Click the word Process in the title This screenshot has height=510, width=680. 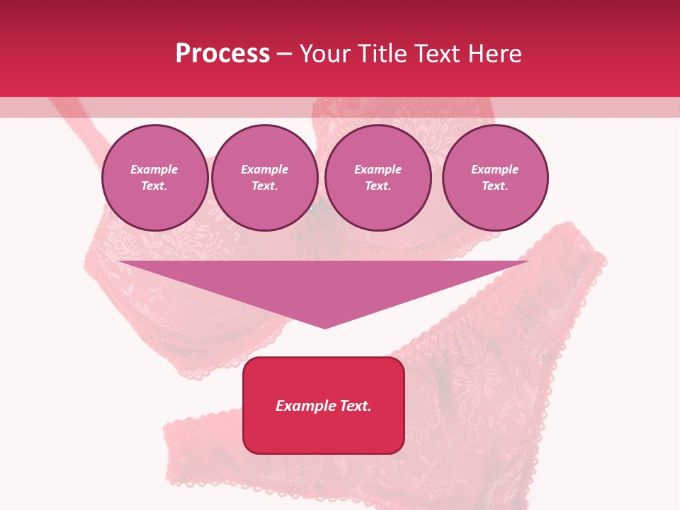coord(222,54)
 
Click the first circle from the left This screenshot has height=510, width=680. coord(155,178)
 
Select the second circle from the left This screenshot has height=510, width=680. coord(265,178)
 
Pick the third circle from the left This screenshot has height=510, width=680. coord(378,178)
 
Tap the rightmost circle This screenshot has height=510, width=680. coord(495,178)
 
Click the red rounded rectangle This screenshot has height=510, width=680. coord(324,405)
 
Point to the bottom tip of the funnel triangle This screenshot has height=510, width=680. coord(324,327)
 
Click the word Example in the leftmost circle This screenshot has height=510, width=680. coord(154,169)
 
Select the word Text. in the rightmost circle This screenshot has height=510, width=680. coord(495,186)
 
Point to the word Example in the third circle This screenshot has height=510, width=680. coord(378,169)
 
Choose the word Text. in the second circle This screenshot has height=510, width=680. coord(265,186)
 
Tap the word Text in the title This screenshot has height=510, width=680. coord(434,54)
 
